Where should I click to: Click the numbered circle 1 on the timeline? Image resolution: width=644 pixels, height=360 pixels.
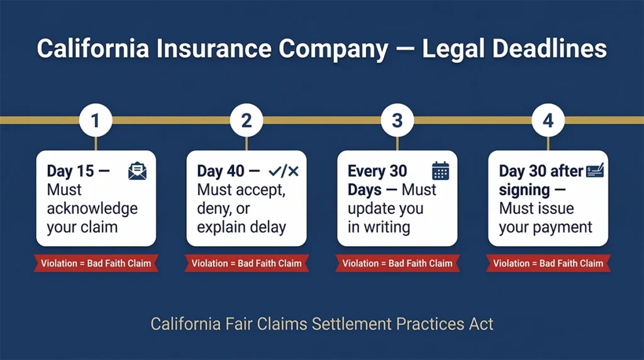(96, 120)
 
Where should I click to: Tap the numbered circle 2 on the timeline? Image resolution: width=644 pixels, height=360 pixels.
(246, 120)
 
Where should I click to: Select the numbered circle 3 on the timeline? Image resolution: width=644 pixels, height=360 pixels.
(397, 120)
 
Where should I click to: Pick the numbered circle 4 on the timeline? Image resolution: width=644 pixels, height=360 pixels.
(548, 120)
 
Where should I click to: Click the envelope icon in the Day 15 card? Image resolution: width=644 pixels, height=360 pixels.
(137, 171)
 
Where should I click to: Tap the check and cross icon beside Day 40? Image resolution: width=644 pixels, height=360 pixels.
(284, 171)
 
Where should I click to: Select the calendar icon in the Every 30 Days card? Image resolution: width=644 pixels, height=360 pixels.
(440, 171)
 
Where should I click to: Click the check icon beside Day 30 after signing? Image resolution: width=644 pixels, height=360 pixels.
(594, 171)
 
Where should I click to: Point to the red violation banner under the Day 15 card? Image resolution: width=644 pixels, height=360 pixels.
(96, 263)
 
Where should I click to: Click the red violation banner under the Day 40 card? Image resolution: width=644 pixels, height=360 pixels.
(246, 263)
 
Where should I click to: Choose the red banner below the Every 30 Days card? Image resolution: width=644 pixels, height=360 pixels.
(397, 263)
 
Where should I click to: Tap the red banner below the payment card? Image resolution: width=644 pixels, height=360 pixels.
(548, 263)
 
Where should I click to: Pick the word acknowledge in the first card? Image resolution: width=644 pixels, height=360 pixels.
(92, 208)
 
